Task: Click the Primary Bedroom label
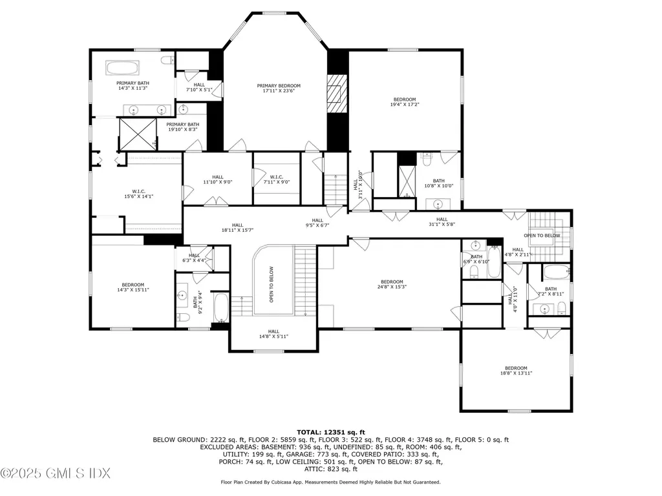(x=279, y=88)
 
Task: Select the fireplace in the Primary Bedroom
(x=334, y=94)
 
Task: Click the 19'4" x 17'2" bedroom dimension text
(x=405, y=105)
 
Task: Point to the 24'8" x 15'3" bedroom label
(x=392, y=285)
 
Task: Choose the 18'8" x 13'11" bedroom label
(x=516, y=371)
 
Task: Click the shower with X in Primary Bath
(x=138, y=134)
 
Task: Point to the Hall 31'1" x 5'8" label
(x=442, y=222)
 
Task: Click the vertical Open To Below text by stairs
(x=272, y=285)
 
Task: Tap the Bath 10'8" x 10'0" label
(x=438, y=183)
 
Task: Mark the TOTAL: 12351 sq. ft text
(x=331, y=431)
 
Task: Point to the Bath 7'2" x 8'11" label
(x=550, y=291)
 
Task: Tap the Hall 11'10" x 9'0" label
(x=217, y=180)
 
